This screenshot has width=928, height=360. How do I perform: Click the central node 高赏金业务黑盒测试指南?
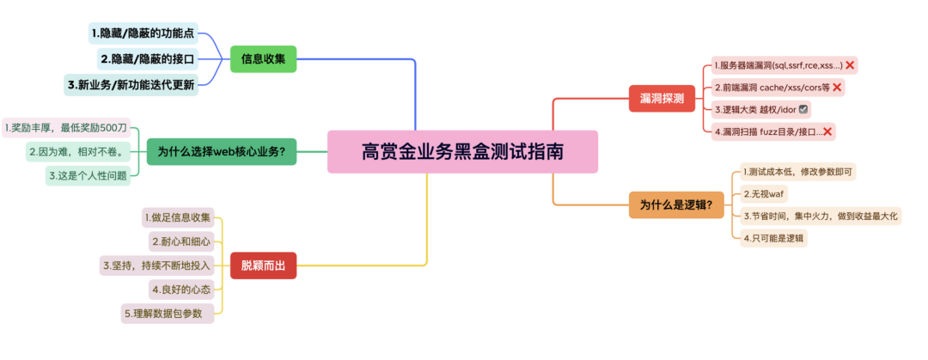pos(462,152)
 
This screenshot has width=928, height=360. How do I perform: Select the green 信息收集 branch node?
pos(263,59)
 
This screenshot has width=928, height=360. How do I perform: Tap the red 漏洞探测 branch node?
pos(661,99)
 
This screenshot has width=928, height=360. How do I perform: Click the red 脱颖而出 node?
pos(263,266)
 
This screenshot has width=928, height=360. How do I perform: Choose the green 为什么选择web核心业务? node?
pos(221,152)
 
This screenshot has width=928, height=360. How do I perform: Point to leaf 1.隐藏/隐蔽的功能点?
pos(143,34)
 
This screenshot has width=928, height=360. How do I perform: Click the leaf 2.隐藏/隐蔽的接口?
pos(148,59)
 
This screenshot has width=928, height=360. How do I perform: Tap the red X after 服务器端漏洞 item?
pos(850,64)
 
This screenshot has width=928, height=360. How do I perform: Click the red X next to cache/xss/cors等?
pos(837,87)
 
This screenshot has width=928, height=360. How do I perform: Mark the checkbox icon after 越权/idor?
pos(803,110)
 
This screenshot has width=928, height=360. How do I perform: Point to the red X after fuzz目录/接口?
pos(828,131)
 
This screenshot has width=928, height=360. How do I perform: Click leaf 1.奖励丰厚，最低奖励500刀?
pos(65,127)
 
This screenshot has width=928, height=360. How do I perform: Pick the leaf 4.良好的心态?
pos(180,289)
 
